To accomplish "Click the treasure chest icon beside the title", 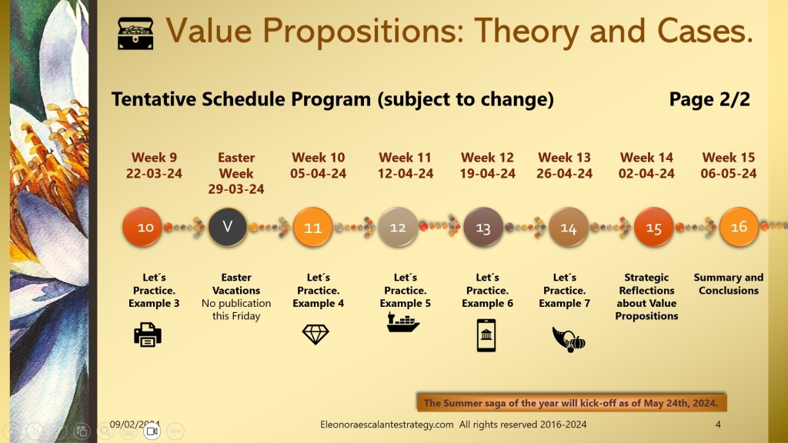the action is click(x=135, y=33).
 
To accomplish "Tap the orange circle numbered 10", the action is click(x=142, y=227).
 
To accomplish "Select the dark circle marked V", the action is click(x=227, y=227).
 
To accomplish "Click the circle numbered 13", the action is click(x=483, y=228).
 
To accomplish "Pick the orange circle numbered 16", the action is click(x=739, y=227).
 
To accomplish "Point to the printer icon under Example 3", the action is click(x=148, y=335).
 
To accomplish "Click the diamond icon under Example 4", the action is click(x=316, y=334).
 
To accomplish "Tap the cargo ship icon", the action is click(x=403, y=322).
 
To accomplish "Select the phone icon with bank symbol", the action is click(x=486, y=335).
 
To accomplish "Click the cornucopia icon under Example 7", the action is click(x=569, y=339).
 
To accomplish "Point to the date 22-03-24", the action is click(x=154, y=173).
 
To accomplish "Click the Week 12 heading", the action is click(x=487, y=157).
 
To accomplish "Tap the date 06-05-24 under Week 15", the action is click(x=728, y=173).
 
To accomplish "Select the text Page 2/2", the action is click(x=710, y=99).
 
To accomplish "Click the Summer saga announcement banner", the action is click(x=572, y=403).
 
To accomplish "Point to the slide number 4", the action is click(x=718, y=425).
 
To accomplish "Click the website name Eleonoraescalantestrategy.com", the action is click(x=387, y=425).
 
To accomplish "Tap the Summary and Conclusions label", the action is click(x=728, y=284).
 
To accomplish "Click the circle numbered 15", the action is click(x=653, y=228).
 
